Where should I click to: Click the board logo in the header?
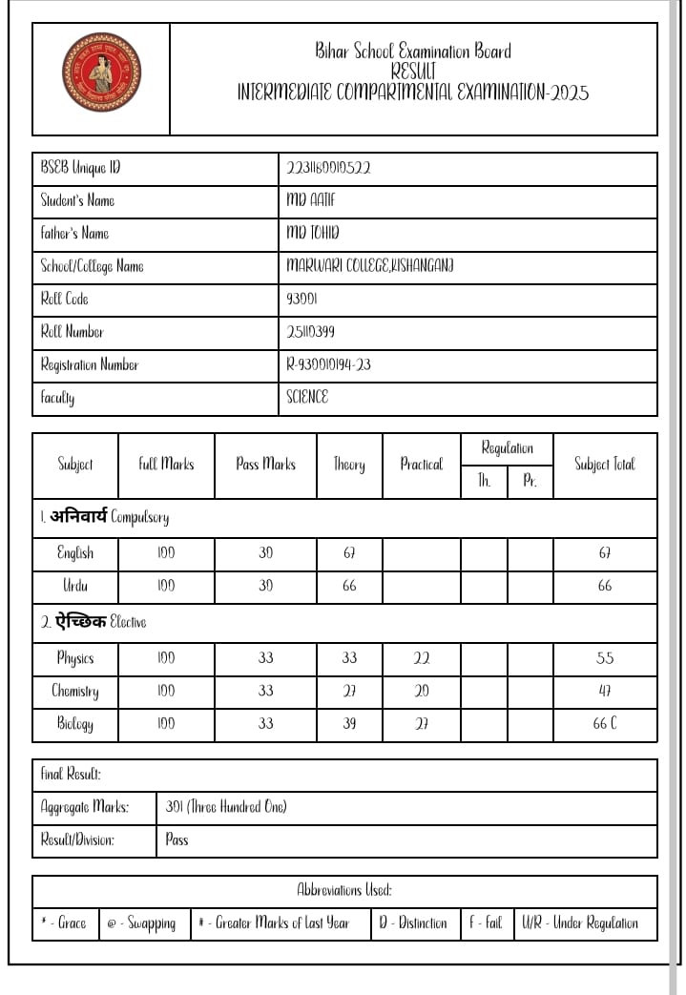click(100, 73)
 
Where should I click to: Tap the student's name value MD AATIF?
click(311, 200)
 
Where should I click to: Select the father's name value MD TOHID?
click(313, 233)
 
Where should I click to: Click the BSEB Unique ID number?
click(328, 168)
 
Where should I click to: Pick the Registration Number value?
click(328, 364)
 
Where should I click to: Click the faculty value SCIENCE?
click(307, 397)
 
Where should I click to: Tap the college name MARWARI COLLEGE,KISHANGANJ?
click(370, 266)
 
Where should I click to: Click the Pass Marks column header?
click(265, 465)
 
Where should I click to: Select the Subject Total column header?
click(604, 465)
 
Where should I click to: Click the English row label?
click(75, 553)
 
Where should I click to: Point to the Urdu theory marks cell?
click(349, 586)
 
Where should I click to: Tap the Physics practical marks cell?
click(422, 658)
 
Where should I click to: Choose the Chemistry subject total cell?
click(605, 691)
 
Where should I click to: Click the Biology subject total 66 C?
click(605, 723)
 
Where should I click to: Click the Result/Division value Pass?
click(177, 840)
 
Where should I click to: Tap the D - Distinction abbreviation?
click(412, 922)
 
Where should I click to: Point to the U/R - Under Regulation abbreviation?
click(580, 922)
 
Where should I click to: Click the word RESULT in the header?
click(413, 72)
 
